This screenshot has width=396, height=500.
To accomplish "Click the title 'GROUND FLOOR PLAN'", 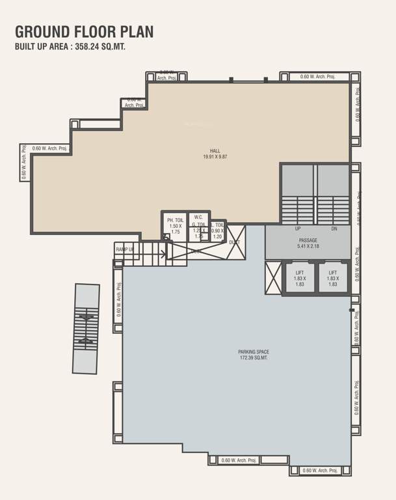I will click(x=84, y=31).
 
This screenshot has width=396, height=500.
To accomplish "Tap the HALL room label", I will click(x=215, y=151).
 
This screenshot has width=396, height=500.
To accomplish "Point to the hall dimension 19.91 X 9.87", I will click(x=215, y=157).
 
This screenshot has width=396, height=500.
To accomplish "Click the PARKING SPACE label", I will click(x=253, y=352).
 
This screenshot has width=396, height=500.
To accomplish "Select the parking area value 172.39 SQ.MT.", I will click(x=253, y=358).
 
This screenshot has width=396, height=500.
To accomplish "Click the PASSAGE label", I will click(x=308, y=240).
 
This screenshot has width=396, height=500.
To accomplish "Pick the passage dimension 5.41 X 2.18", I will click(x=308, y=247).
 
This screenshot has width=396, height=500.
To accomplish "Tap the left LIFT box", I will click(x=300, y=278).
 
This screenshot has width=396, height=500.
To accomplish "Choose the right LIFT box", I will click(x=333, y=278).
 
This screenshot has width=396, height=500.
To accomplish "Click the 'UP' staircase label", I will click(x=298, y=229).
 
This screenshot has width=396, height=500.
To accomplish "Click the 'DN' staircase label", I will click(x=334, y=229).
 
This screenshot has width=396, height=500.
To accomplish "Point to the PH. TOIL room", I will click(x=175, y=226).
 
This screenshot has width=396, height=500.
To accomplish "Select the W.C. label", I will click(x=199, y=217).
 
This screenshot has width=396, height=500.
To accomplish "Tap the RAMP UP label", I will click(x=125, y=249).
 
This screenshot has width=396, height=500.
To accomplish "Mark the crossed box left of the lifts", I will click(x=272, y=278).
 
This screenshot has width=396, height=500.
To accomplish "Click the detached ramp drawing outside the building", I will click(x=86, y=328).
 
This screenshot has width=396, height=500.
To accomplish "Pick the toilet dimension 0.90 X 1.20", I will click(x=217, y=234).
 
